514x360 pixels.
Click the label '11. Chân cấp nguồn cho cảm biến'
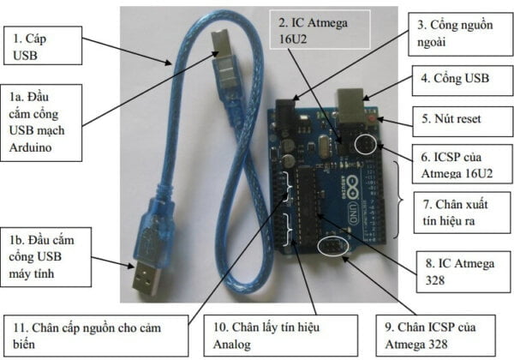(x=95, y=334)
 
